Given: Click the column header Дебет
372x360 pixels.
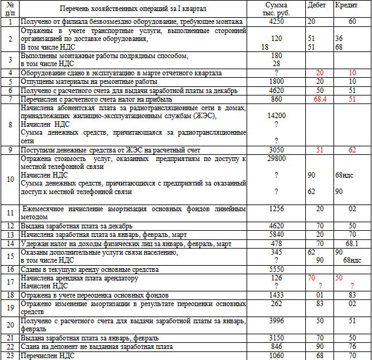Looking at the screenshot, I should (x=318, y=5).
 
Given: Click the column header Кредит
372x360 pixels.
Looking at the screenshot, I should (x=346, y=5).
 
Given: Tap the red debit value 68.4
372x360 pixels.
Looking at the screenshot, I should (x=319, y=99).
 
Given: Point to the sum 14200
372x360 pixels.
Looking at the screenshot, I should (x=277, y=115).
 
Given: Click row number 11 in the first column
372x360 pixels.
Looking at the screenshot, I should (x=10, y=212).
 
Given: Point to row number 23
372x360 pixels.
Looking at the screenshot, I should (x=10, y=354).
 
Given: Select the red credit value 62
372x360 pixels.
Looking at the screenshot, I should (x=352, y=149).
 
